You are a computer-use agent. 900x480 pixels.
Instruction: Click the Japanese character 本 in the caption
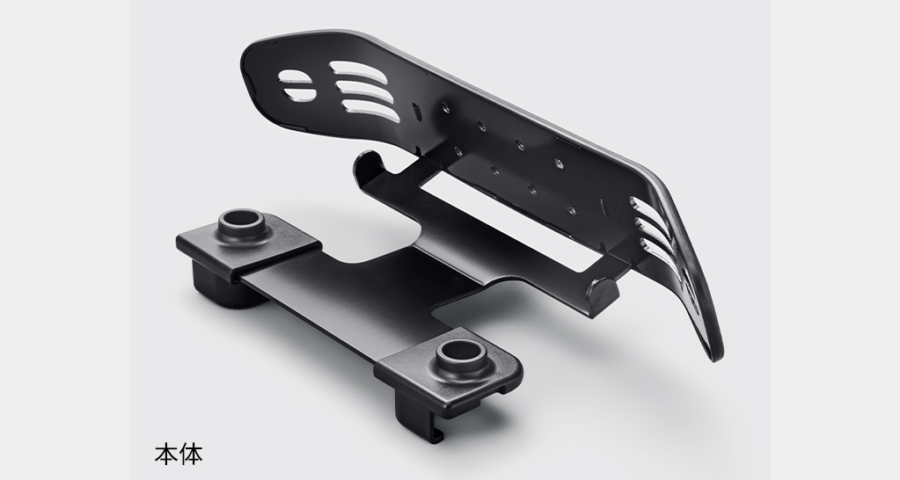[x=166, y=454]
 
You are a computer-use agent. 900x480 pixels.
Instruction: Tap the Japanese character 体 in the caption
[x=191, y=454]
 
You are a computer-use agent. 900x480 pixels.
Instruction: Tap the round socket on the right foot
[x=463, y=358]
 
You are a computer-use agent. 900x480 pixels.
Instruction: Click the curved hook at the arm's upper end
[x=370, y=163]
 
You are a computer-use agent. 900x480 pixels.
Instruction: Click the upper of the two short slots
[x=295, y=77]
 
